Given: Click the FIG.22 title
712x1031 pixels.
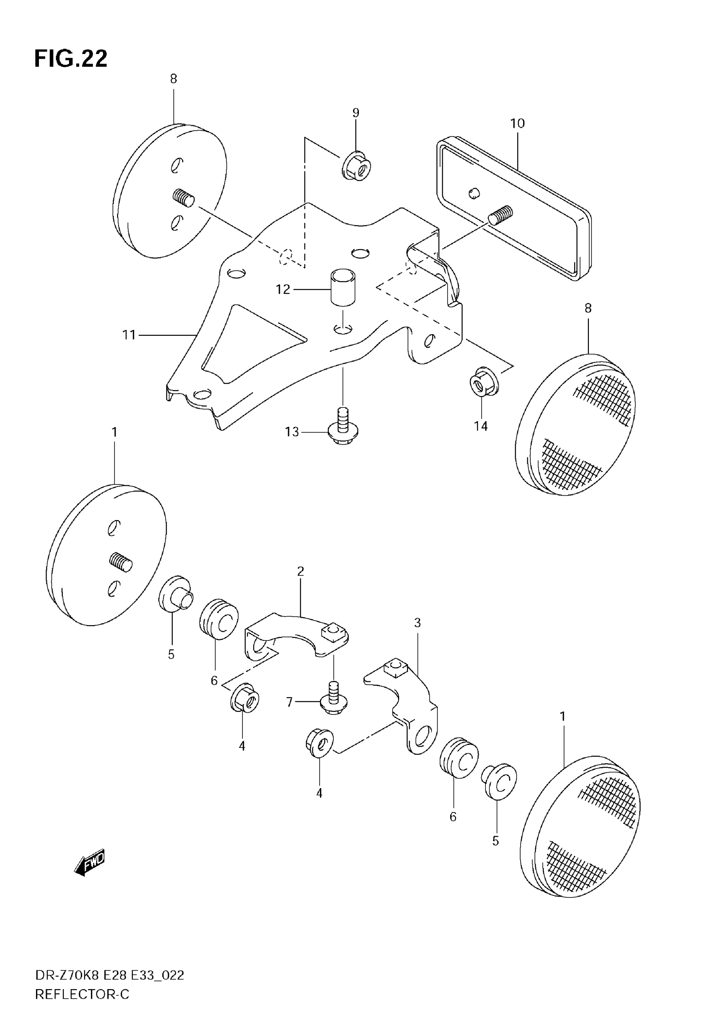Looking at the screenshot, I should coord(71,59).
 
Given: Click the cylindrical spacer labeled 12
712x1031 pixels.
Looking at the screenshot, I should coord(342,287).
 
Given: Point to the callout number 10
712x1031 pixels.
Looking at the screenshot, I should coord(517,124).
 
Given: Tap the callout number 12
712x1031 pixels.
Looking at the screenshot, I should coord(283,289).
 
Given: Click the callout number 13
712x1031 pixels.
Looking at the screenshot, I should coord(292,432).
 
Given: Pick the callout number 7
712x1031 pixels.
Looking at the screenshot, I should coord(289,702).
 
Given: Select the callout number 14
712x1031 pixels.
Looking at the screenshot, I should coord(480,426).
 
